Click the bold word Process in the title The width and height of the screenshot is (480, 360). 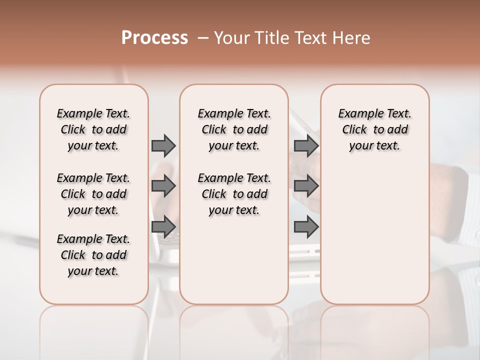coord(154,38)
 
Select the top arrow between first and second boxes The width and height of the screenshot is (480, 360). coord(163,145)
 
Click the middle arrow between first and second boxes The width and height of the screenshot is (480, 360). coord(163,186)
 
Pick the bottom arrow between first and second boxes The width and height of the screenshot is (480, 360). coord(163,227)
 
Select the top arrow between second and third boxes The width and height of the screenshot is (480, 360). coord(306,145)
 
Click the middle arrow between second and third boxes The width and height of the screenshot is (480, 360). coord(306,186)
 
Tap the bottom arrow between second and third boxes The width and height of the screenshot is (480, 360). coord(306,227)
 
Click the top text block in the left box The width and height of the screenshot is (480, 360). coord(93,129)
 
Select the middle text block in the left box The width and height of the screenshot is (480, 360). coord(93,194)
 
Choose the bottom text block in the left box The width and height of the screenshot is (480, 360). coord(93,255)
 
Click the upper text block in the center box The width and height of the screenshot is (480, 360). coord(234,129)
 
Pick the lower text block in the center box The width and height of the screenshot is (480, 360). coord(234,194)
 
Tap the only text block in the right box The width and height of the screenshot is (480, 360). coord(374,129)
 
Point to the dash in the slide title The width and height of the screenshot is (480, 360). coord(203,38)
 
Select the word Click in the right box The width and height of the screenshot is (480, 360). coord(354,130)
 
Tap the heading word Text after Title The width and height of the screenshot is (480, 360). coord(310,38)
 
